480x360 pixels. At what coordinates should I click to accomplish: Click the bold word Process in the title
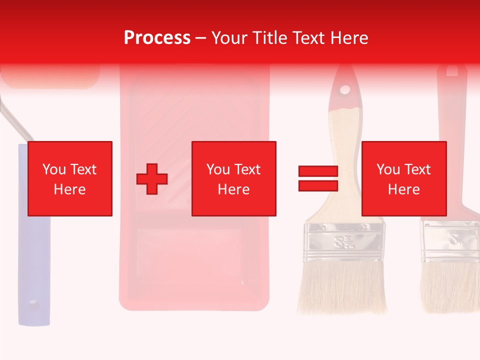tap(157, 38)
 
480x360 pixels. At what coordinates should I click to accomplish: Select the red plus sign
tap(152, 179)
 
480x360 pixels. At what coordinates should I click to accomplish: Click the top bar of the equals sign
tap(318, 171)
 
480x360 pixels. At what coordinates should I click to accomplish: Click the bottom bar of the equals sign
tap(318, 185)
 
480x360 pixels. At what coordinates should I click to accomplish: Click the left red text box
tap(70, 178)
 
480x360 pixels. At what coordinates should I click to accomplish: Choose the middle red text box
tap(234, 178)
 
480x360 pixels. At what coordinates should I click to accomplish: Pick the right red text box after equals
tap(403, 178)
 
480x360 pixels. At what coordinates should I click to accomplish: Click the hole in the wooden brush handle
tap(345, 90)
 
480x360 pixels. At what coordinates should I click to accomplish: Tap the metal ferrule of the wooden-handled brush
tap(345, 242)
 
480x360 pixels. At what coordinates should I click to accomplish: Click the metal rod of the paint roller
tap(15, 122)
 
